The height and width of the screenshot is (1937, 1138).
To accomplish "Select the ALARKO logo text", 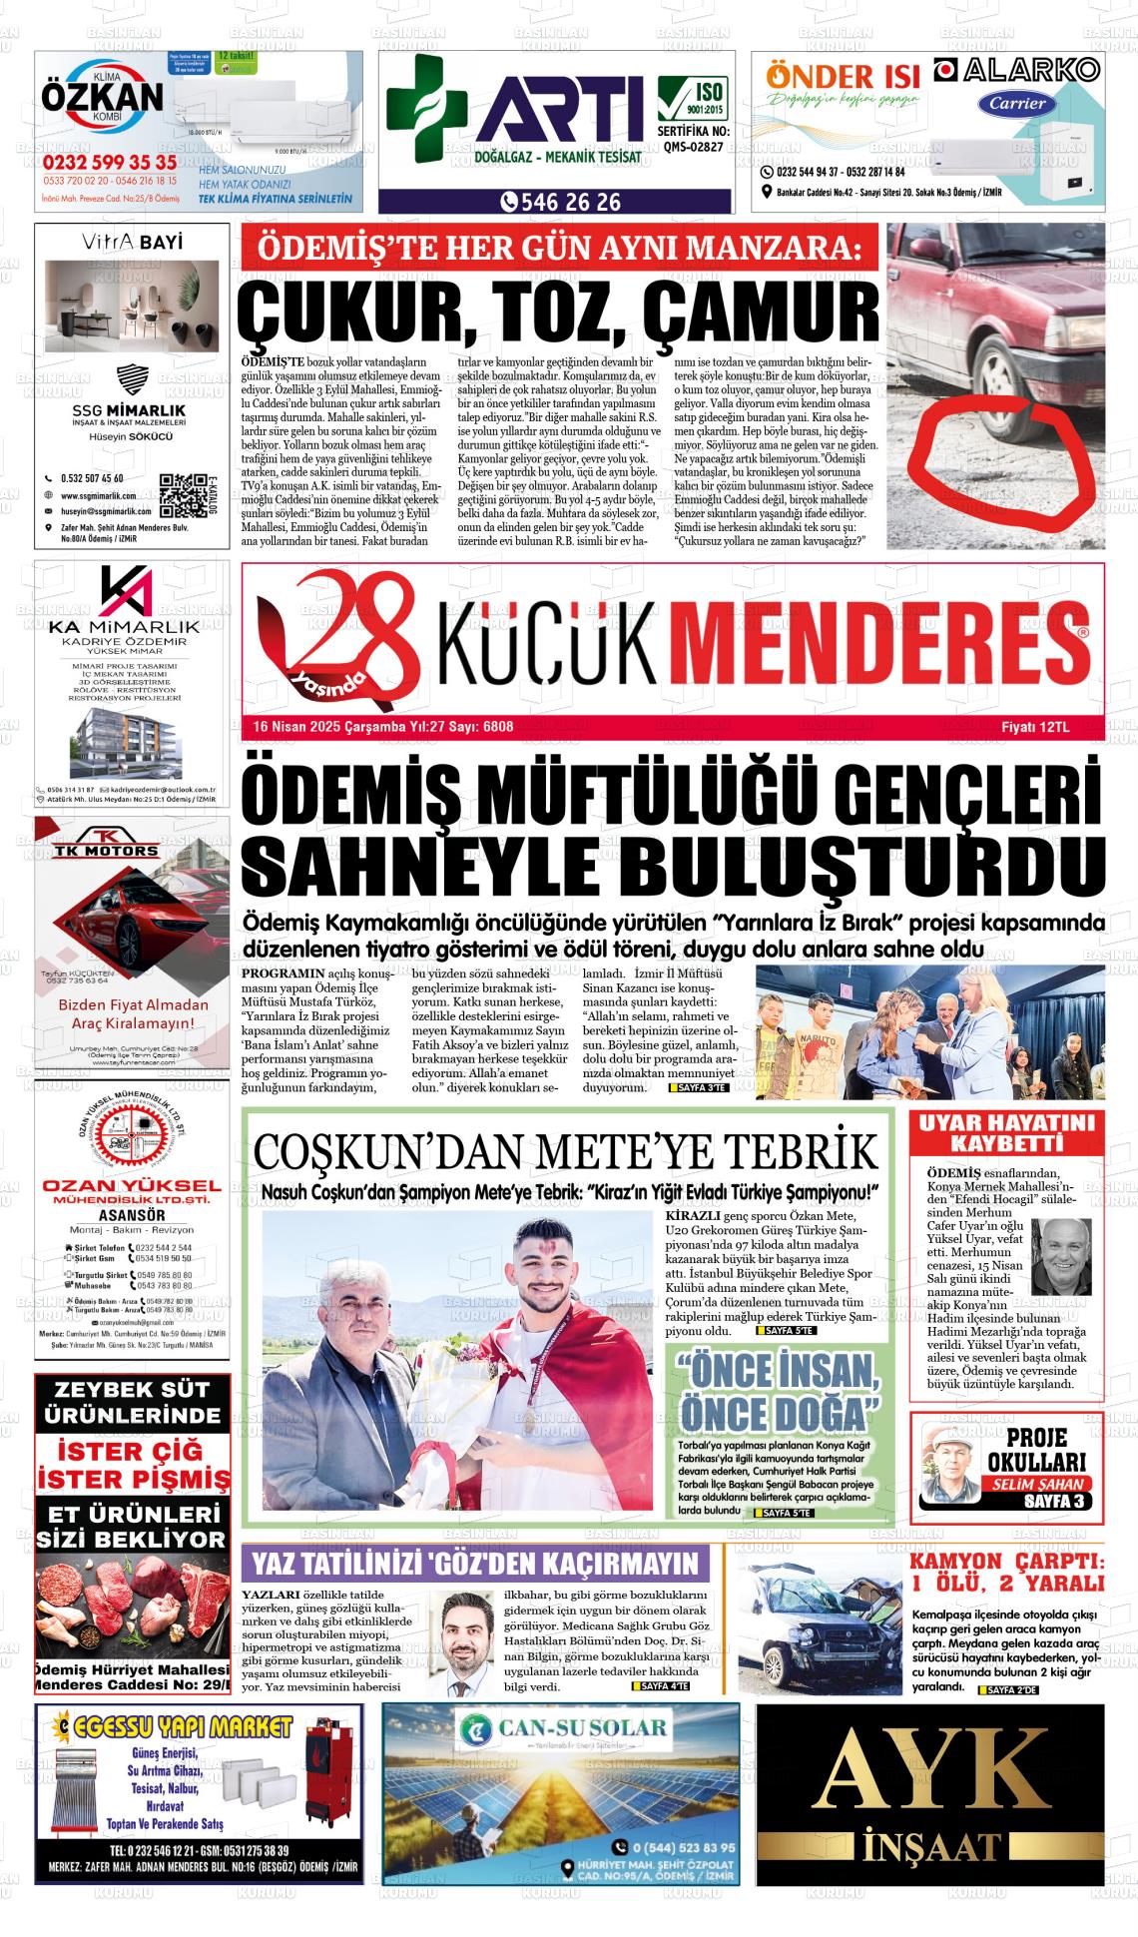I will [x=1028, y=70].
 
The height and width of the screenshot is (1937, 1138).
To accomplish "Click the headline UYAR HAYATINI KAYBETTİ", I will [x=1005, y=1130].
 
